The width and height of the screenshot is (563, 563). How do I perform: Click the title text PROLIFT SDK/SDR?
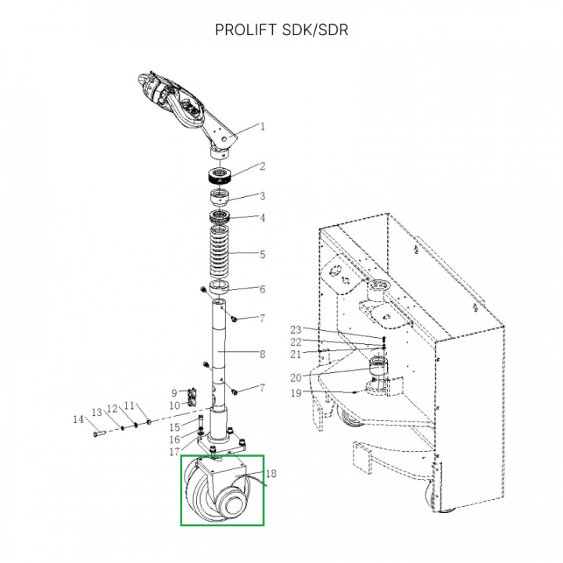coord(281,30)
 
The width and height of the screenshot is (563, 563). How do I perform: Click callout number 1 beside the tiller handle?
coord(263,126)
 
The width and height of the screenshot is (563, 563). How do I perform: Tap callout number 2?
coord(263,167)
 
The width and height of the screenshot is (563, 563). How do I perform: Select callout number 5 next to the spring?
coord(263,254)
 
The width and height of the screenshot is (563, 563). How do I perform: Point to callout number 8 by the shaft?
coord(263,354)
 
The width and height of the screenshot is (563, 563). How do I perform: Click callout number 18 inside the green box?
coord(272,473)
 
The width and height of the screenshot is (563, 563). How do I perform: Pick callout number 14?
coord(78,420)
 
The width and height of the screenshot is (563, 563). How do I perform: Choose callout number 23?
coord(296,329)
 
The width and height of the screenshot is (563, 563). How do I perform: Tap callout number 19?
coord(296,393)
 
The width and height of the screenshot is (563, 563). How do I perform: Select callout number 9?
coord(174,393)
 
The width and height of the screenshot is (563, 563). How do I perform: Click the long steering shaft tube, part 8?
coord(218,352)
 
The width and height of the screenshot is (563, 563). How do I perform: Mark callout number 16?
coord(175,439)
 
